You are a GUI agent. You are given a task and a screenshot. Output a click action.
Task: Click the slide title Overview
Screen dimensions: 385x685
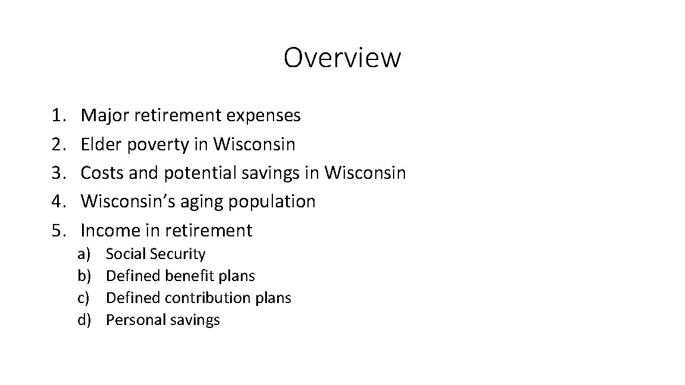pos(342,58)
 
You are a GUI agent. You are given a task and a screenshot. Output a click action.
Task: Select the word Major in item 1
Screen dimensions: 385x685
pos(105,115)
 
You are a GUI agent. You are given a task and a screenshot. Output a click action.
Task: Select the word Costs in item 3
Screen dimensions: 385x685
pos(102,173)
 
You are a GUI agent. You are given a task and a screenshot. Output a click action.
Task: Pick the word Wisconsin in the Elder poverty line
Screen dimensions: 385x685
pos(254,144)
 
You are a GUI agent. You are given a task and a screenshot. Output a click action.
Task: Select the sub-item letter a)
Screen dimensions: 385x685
pos(83,254)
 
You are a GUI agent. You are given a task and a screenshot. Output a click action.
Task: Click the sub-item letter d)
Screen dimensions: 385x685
pos(83,320)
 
